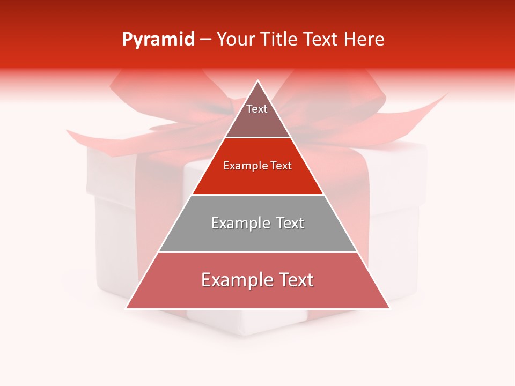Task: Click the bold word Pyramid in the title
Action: click(x=158, y=40)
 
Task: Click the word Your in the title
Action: click(x=235, y=40)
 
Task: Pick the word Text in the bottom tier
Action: click(x=294, y=280)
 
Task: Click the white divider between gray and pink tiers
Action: click(x=257, y=251)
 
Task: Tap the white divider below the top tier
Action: click(x=257, y=138)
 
